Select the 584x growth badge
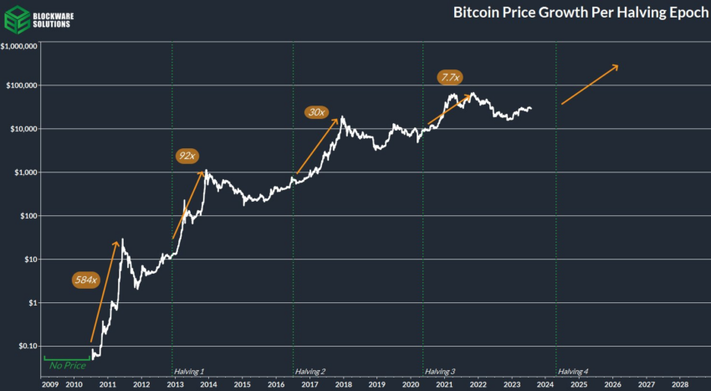click(x=85, y=280)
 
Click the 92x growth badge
click(x=187, y=156)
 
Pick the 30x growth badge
click(x=315, y=112)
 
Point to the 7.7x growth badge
click(x=449, y=77)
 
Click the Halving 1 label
click(x=189, y=371)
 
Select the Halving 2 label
click(x=310, y=371)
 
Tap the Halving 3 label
click(x=440, y=371)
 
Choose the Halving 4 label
click(x=573, y=371)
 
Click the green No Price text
click(x=68, y=365)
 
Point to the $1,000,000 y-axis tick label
click(x=19, y=48)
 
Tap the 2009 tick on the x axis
click(x=49, y=384)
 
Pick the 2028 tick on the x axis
click(x=680, y=384)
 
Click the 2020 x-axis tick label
click(x=411, y=384)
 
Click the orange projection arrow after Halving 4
click(x=590, y=85)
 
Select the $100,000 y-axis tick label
click(x=22, y=85)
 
